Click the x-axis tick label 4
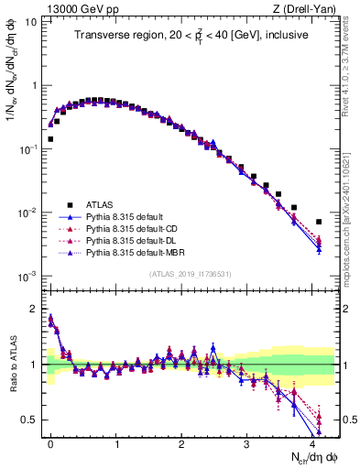(x=311, y=442)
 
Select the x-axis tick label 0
(x=50, y=442)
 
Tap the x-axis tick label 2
(x=181, y=442)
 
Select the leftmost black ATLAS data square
(x=49, y=139)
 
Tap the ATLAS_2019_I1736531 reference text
(x=190, y=273)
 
